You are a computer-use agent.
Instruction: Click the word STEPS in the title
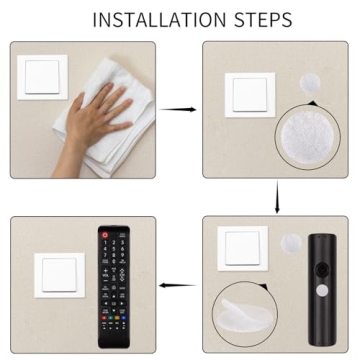pos(259,20)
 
